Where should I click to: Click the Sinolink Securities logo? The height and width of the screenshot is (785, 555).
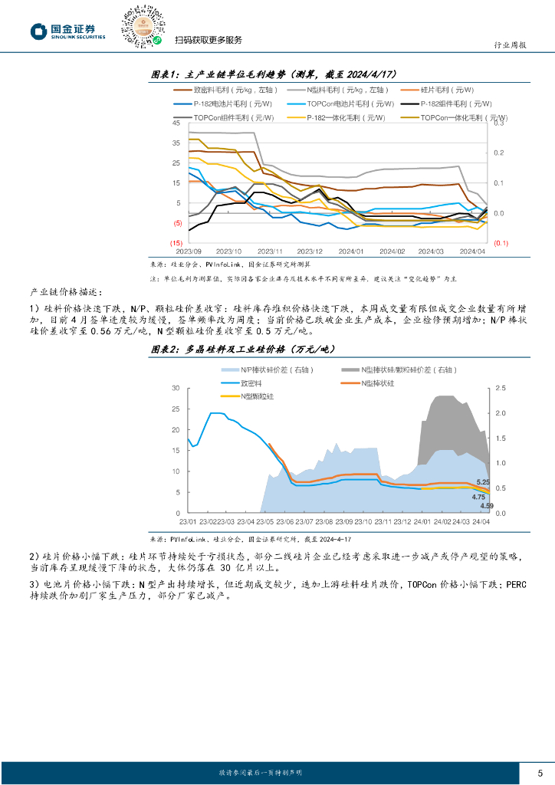[x=67, y=30]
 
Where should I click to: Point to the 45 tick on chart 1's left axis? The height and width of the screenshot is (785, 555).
[x=176, y=123]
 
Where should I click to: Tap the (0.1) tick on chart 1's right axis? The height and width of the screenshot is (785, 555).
[x=500, y=243]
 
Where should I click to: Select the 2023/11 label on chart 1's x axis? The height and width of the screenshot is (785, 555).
[x=270, y=251]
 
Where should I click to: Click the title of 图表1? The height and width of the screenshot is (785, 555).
[x=272, y=74]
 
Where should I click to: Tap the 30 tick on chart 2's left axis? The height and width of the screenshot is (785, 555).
[x=176, y=388]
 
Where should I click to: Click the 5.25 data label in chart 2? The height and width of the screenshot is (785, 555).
[x=483, y=481]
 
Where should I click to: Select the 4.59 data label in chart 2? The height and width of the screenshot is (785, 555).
[x=487, y=506]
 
